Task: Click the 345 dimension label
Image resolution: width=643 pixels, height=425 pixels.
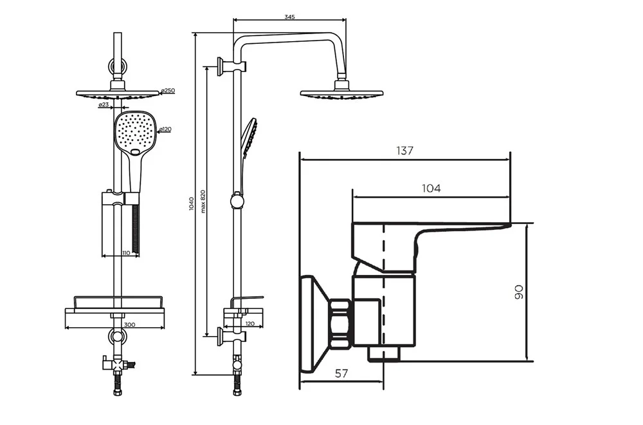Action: pos(289,17)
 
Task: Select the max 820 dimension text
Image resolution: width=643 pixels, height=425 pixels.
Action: pos(203,201)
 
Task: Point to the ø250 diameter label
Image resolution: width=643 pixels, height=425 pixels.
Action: pos(168,91)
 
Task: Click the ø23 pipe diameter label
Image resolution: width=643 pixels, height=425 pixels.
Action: pos(103,104)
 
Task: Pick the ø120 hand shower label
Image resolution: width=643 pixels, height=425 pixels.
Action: pos(165,130)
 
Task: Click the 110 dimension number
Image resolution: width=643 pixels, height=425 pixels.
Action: pos(126,253)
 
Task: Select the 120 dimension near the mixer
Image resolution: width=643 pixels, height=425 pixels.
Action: pos(250,324)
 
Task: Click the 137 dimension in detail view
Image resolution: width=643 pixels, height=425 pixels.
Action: pos(405,151)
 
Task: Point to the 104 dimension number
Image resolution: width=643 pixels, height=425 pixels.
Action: pos(431,188)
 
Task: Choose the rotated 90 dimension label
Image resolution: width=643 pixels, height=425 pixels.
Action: pos(520,292)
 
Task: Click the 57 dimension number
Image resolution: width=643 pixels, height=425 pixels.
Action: pos(342,374)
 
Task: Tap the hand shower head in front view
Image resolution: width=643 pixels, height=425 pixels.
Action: pos(136,133)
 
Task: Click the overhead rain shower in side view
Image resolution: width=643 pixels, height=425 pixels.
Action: pos(341,93)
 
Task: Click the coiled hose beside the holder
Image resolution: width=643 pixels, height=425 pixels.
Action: pos(135,229)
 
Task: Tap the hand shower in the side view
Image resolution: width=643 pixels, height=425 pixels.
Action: pos(248,137)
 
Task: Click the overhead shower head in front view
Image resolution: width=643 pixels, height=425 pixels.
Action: pos(117,94)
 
